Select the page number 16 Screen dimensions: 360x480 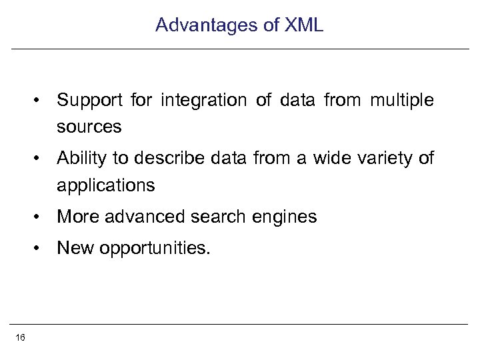[x=20, y=338]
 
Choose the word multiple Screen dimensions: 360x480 [x=398, y=101]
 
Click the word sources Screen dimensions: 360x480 [x=89, y=126]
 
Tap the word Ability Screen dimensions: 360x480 [x=77, y=159]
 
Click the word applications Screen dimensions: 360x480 [x=106, y=185]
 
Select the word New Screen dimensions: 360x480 [x=73, y=249]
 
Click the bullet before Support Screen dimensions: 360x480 [x=41, y=101]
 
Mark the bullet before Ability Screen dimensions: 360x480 [x=41, y=159]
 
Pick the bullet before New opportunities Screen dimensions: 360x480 [x=41, y=249]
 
